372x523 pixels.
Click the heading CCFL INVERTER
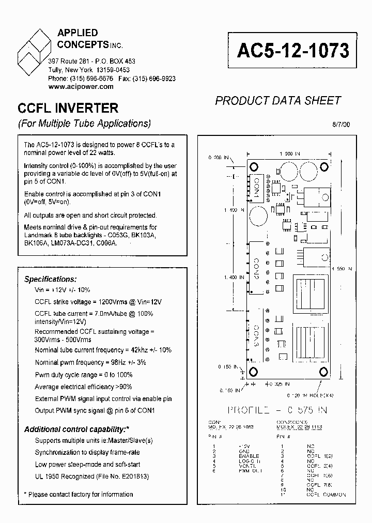click(x=68, y=109)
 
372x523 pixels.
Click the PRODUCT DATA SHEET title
click(x=277, y=101)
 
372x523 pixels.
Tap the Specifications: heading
click(x=51, y=279)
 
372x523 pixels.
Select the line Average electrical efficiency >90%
click(x=83, y=387)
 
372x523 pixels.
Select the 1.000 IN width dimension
click(x=289, y=153)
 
